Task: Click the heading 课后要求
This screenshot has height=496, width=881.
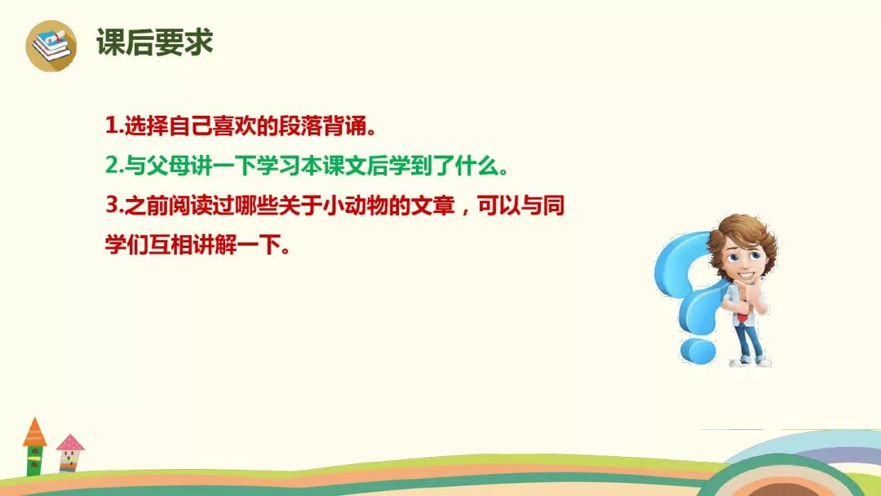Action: tap(154, 43)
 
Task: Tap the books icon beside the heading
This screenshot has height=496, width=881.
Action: tap(51, 46)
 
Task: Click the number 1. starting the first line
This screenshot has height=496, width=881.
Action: tap(113, 126)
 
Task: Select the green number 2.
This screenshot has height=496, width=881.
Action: tap(113, 166)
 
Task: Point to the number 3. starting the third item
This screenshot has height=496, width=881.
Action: tap(113, 206)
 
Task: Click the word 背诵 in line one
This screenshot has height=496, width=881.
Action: tap(338, 126)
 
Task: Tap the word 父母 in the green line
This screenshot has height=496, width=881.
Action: tap(163, 166)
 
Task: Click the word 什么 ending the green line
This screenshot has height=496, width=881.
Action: tap(478, 166)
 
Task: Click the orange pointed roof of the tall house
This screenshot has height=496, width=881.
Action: tap(34, 432)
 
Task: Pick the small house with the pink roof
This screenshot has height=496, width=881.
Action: tap(70, 453)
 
